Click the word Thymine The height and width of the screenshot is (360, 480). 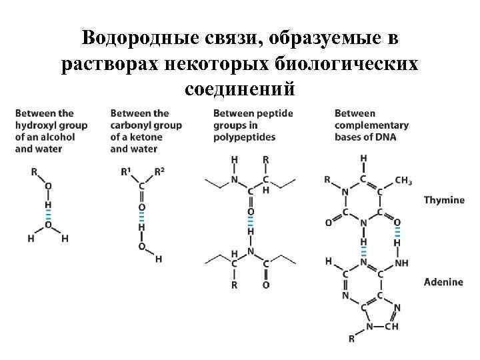click(x=444, y=200)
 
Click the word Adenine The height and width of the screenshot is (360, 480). click(x=443, y=282)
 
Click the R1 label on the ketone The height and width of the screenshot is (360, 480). click(x=126, y=171)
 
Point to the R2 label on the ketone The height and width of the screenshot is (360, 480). click(x=159, y=171)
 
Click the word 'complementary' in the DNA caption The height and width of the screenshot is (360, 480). click(x=371, y=125)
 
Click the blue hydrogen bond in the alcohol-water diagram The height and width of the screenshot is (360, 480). click(x=47, y=216)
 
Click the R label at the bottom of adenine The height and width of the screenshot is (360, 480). click(x=351, y=339)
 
